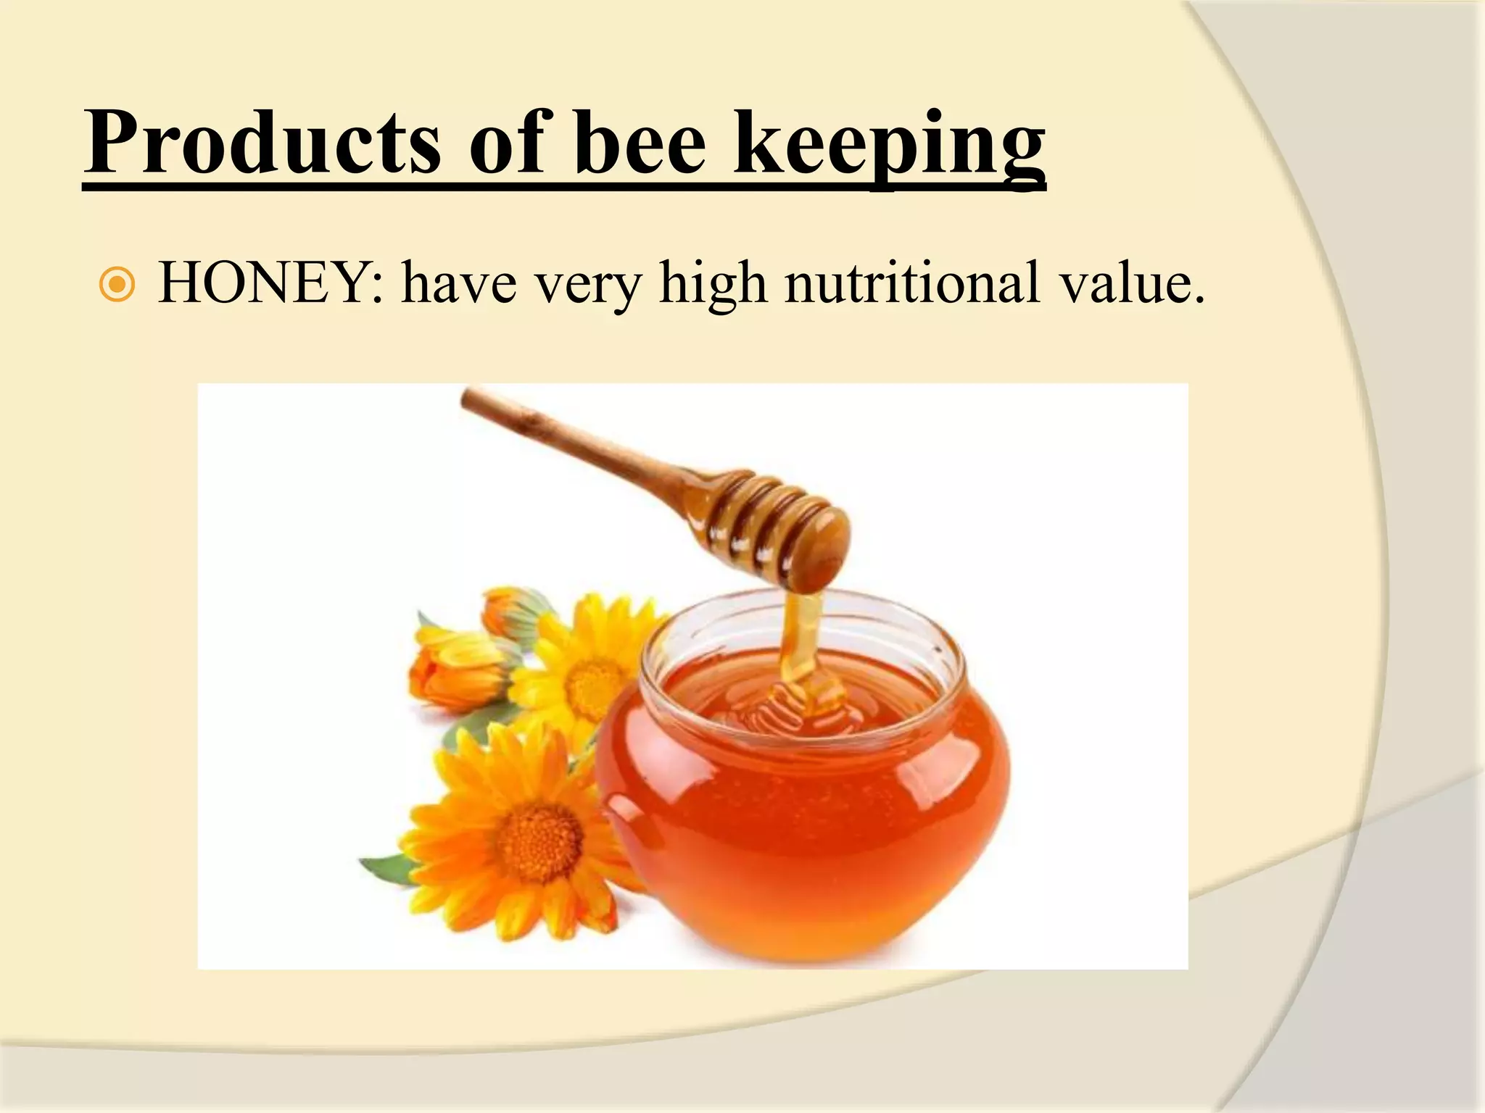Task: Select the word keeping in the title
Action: click(x=889, y=145)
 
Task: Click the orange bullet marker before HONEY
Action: click(x=116, y=285)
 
